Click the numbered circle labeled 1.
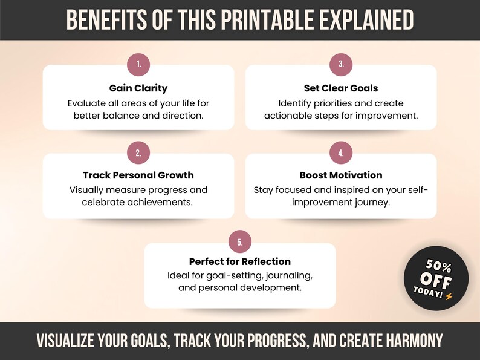tap(138, 64)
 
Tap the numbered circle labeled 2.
tap(138, 153)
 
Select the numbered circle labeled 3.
tap(341, 64)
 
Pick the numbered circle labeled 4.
tap(341, 153)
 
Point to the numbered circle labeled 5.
tap(240, 243)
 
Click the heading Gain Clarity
tap(138, 88)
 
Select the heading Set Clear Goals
tap(341, 88)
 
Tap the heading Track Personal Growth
tap(138, 175)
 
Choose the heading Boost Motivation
tap(341, 175)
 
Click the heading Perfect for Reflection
tap(240, 262)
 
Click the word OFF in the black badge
tap(435, 280)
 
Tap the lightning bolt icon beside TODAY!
tap(448, 295)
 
